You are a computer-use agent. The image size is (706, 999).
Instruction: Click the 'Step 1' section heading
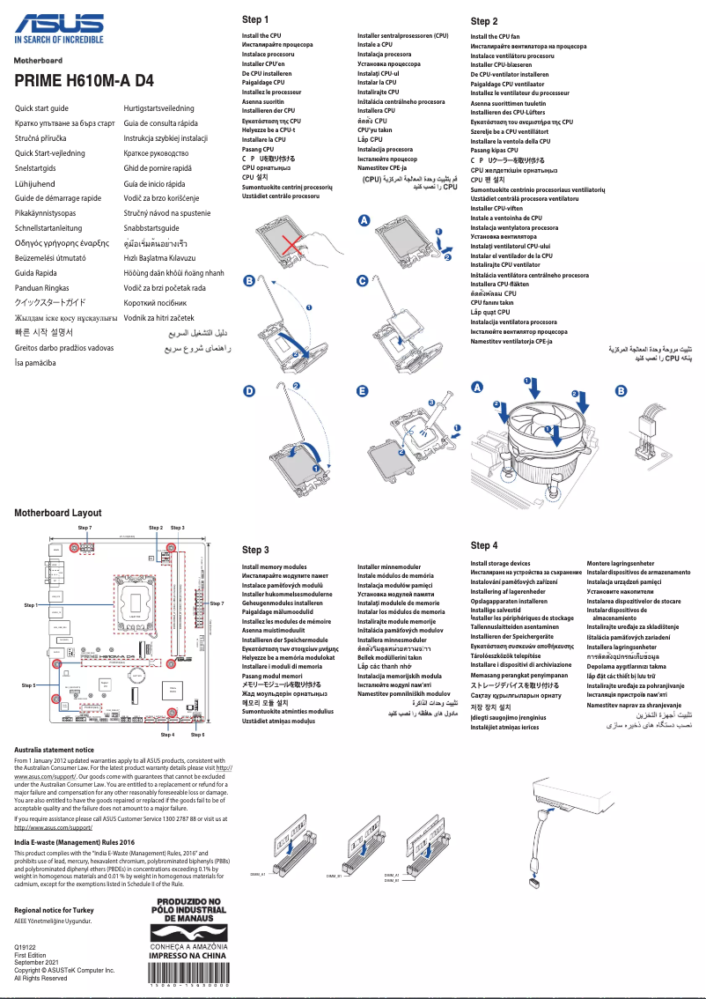click(255, 19)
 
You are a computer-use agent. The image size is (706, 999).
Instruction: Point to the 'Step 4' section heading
click(484, 545)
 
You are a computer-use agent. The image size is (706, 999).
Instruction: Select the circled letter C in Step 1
click(362, 281)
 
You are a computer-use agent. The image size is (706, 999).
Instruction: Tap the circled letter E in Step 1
click(362, 390)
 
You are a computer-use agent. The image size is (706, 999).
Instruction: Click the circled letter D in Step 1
click(249, 390)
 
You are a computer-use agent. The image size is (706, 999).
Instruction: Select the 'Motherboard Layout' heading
click(57, 513)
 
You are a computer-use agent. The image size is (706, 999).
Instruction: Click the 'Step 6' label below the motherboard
click(197, 734)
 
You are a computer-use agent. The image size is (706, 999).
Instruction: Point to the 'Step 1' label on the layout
click(31, 605)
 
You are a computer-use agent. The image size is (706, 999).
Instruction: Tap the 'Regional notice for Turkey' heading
click(60, 909)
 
